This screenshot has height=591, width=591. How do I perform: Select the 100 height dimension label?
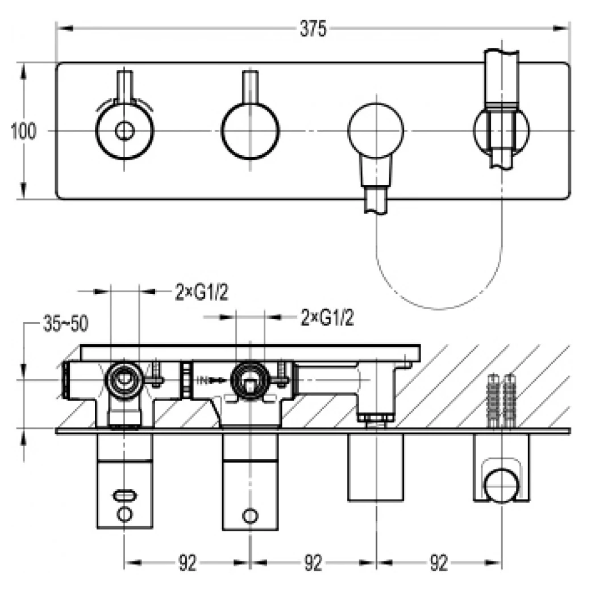(23, 131)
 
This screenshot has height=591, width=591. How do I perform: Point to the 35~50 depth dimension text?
(65, 324)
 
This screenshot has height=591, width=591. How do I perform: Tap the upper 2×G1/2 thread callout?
(200, 293)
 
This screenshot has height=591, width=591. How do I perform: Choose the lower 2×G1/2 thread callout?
(327, 318)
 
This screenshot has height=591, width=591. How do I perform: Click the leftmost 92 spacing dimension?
(188, 563)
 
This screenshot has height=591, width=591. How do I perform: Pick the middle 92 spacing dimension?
(313, 563)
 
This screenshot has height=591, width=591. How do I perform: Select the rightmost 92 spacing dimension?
(438, 563)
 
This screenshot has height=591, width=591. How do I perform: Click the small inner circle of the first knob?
(124, 131)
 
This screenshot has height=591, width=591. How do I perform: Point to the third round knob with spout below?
(376, 131)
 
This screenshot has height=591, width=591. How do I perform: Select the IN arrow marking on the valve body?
(206, 379)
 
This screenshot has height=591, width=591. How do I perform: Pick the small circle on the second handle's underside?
(249, 516)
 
